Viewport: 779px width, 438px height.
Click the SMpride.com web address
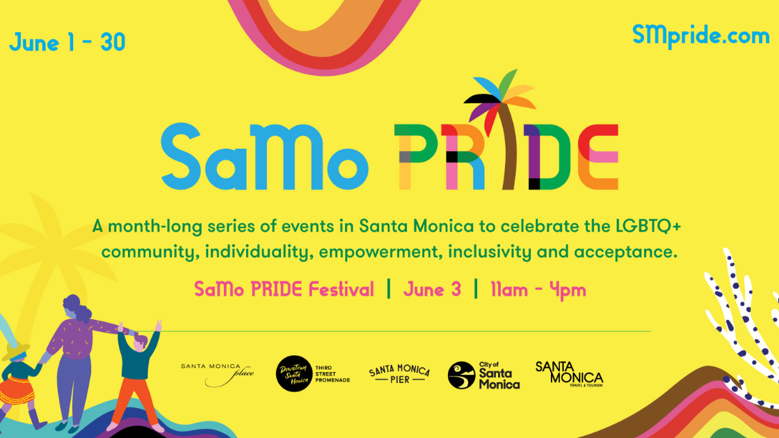[700, 36]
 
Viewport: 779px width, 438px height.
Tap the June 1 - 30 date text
[67, 42]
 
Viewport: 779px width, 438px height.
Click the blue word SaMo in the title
[264, 156]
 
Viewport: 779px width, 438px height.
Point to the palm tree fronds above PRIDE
[499, 97]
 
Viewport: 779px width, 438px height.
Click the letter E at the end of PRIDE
[598, 157]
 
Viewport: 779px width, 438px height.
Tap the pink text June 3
[432, 289]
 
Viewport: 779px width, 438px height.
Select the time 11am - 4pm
[538, 289]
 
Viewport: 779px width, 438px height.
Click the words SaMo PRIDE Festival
[284, 289]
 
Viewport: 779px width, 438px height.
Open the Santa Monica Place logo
[217, 374]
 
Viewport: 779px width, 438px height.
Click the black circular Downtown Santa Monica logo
[294, 373]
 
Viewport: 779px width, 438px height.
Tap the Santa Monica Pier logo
[399, 373]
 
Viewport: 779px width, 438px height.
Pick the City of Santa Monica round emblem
[462, 375]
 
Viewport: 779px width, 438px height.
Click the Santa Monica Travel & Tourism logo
[570, 374]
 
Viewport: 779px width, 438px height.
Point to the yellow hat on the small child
[17, 351]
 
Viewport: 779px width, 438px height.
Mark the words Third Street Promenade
[332, 374]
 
